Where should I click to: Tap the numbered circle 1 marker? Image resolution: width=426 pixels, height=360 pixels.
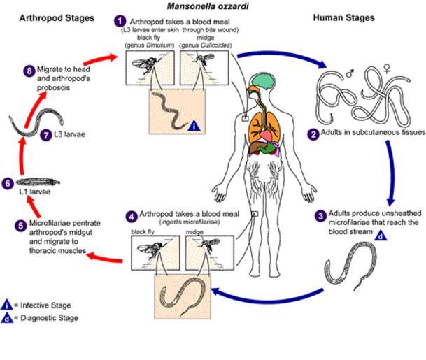[x=121, y=21]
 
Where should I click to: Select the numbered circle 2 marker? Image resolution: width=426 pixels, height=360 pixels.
[x=315, y=132]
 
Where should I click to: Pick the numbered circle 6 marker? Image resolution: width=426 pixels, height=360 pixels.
[x=8, y=183]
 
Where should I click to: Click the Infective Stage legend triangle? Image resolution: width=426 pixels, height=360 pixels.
[x=7, y=305]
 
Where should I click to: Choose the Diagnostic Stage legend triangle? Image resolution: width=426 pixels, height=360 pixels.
[x=7, y=318]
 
